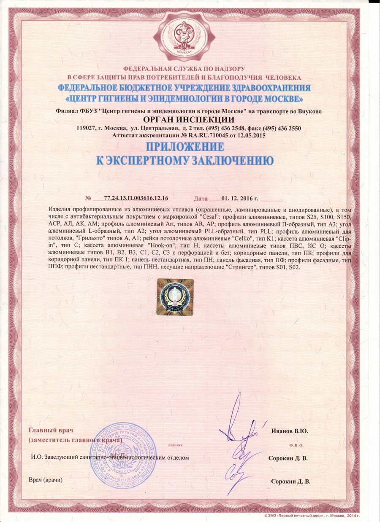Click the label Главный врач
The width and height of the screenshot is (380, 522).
(51, 431)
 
